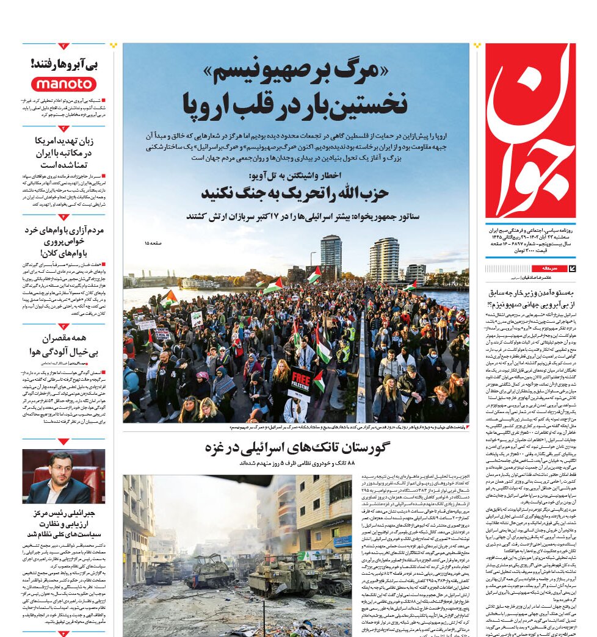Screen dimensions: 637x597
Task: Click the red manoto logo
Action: click(x=64, y=84)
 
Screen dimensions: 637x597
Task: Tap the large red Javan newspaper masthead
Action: click(x=530, y=131)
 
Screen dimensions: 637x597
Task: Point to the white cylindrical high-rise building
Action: click(x=384, y=259)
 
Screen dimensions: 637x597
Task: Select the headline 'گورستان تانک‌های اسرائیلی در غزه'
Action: click(x=297, y=448)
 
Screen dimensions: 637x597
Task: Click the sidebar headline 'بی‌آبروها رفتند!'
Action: click(x=64, y=63)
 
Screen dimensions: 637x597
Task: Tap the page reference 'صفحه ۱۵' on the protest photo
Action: click(x=154, y=243)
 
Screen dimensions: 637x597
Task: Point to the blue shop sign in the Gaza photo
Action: click(x=341, y=540)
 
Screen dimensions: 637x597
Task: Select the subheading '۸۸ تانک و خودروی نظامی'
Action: click(x=295, y=463)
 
